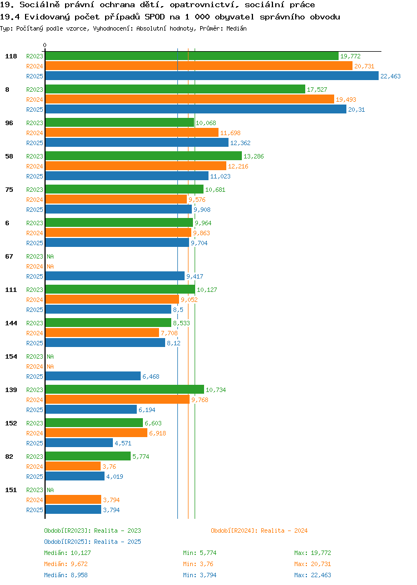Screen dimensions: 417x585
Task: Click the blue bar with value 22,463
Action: tap(212, 76)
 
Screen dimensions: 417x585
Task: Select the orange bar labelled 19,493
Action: tap(190, 99)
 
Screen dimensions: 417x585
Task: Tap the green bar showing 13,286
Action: tap(143, 156)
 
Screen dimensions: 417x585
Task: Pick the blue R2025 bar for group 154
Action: tap(93, 376)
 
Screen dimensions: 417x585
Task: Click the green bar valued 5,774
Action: tap(88, 456)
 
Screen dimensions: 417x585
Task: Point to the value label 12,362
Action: tap(240, 143)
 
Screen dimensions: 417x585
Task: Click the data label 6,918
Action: tap(157, 433)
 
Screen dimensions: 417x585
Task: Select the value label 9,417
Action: tap(195, 276)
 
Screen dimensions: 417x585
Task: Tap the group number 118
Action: tap(11, 56)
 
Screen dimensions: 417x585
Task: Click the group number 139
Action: tap(11, 389)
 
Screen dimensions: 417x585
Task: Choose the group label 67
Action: tap(9, 256)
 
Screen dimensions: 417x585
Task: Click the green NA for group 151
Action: tap(51, 490)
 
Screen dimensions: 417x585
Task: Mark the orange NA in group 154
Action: tap(51, 366)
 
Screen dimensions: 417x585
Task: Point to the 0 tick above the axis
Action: tap(45, 45)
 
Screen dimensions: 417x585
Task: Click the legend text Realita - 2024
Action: tap(284, 531)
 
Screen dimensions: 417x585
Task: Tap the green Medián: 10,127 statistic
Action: tap(67, 553)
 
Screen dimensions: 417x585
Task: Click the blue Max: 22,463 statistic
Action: tap(312, 575)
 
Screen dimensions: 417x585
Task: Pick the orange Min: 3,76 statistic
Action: tap(198, 564)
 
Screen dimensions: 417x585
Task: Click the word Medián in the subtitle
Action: tap(236, 28)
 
